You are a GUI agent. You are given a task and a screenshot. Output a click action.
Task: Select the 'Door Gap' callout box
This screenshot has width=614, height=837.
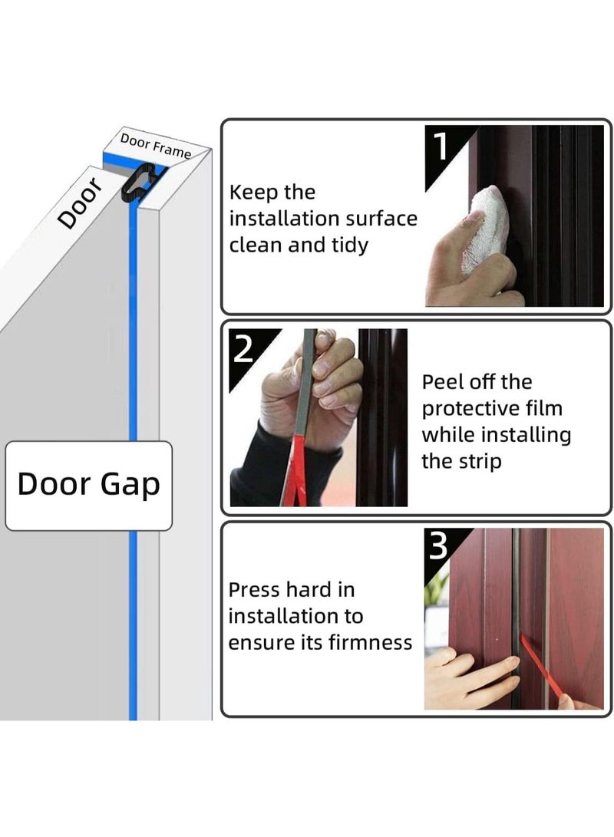[x=88, y=485]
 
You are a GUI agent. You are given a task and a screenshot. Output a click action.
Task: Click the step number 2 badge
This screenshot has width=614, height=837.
[x=243, y=348]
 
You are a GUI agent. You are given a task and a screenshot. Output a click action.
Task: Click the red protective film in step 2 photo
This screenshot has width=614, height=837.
[x=293, y=476]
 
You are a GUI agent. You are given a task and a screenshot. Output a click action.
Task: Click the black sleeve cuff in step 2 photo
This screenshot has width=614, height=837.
[x=269, y=468]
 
